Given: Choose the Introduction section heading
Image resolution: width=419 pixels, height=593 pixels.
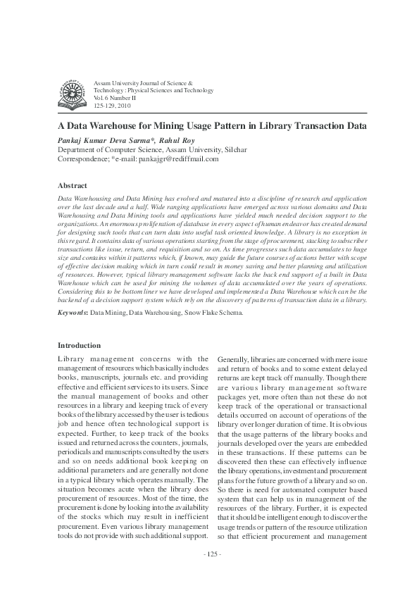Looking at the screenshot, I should coord(79,346).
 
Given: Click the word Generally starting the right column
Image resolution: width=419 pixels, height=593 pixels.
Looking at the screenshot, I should coord(234,359).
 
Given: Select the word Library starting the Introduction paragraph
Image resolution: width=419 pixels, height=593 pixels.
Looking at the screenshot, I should coord(69,359).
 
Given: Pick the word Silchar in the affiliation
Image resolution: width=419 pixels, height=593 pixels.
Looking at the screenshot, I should coord(234,150).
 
